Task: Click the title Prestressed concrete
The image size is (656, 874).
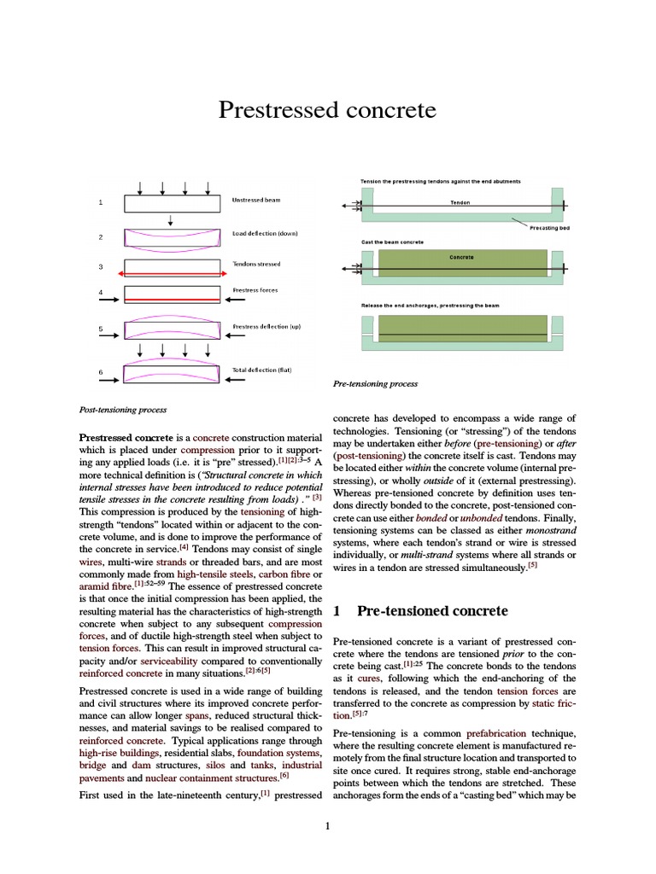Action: pyautogui.click(x=327, y=110)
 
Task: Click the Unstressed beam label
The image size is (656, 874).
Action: pyautogui.click(x=255, y=201)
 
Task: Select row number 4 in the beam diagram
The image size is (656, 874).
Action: pyautogui.click(x=101, y=293)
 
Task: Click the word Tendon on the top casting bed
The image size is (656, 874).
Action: pyautogui.click(x=460, y=203)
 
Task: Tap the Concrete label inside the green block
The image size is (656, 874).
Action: pyautogui.click(x=461, y=257)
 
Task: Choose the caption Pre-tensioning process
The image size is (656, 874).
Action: pyautogui.click(x=375, y=384)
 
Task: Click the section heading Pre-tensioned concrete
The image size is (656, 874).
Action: pyautogui.click(x=432, y=611)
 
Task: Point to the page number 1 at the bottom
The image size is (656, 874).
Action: pyautogui.click(x=328, y=825)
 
